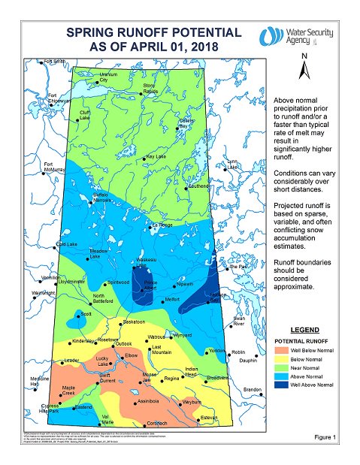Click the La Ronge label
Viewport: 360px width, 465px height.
162,225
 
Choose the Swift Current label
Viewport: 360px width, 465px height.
107,378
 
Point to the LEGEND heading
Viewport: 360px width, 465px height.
307,330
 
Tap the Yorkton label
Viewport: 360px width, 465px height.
218,351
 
